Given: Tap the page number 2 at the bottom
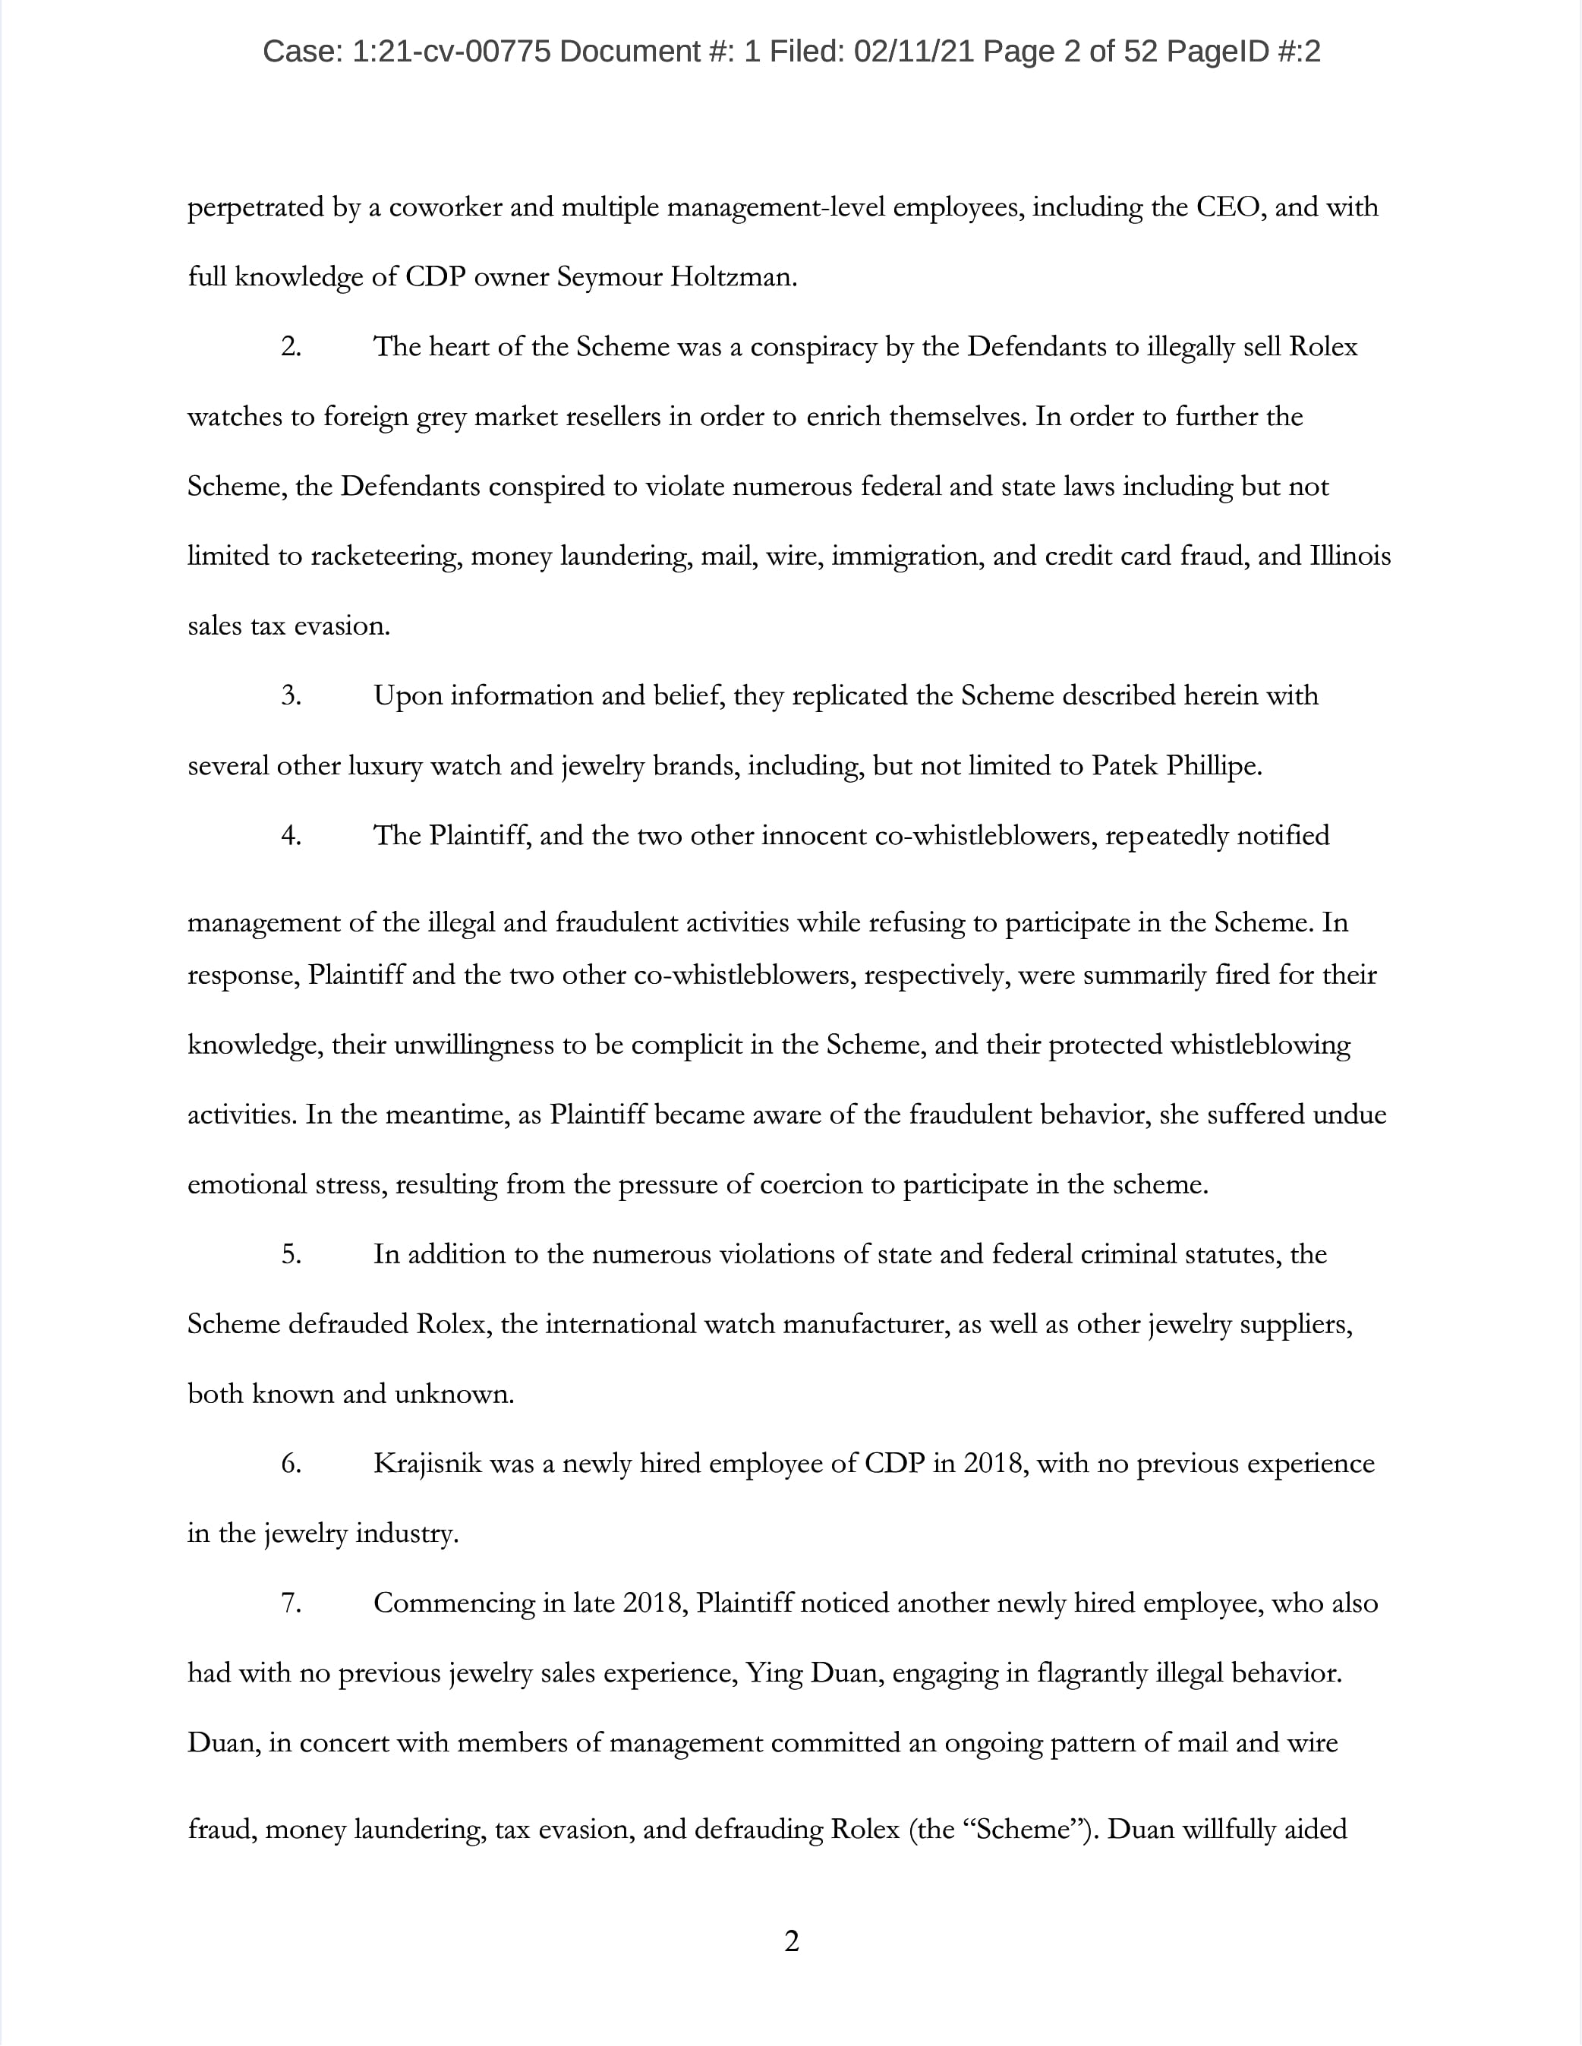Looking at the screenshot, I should (x=792, y=1942).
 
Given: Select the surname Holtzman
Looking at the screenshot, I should (x=733, y=277).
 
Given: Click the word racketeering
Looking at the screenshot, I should (x=385, y=556).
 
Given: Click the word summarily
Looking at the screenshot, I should (x=1145, y=976).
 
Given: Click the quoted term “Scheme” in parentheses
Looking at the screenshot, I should (x=1024, y=1830).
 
